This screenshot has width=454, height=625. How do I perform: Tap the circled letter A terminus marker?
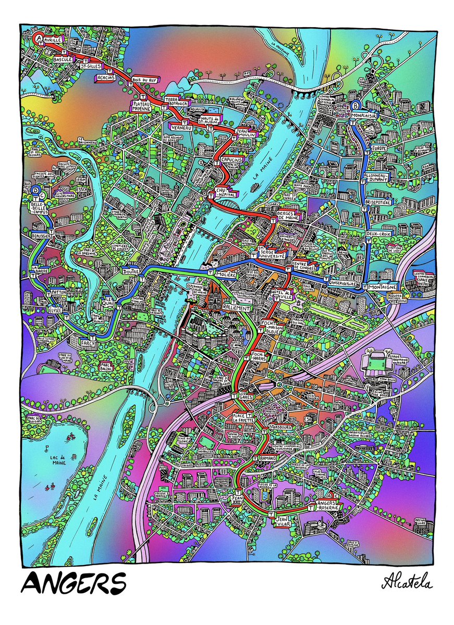pyautogui.click(x=38, y=37)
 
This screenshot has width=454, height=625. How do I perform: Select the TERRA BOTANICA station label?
pyautogui.click(x=177, y=102)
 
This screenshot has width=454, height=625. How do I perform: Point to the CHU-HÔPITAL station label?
pyautogui.click(x=225, y=191)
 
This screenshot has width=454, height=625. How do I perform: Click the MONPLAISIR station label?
pyautogui.click(x=363, y=115)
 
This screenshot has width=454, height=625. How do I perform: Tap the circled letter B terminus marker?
pyautogui.click(x=357, y=104)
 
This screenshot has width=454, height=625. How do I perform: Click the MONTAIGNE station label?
pyautogui.click(x=383, y=287)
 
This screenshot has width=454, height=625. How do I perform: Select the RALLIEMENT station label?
pyautogui.click(x=236, y=308)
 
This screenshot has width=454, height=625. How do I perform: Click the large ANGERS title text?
pyautogui.click(x=73, y=582)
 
